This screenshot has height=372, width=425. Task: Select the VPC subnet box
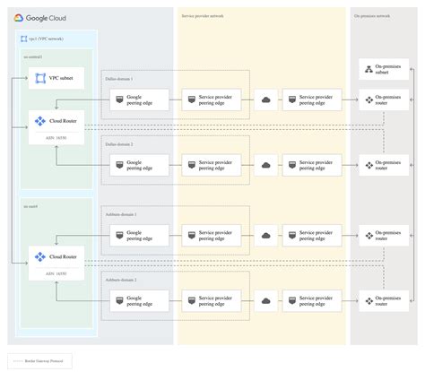point(56,79)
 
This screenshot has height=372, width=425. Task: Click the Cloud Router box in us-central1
point(56,124)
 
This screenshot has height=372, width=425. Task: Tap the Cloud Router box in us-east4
point(56,258)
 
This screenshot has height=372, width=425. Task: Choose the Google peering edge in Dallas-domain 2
point(136,165)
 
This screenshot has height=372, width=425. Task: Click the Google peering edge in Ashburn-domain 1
point(136,236)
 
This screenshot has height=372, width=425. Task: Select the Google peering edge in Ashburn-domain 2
point(136,300)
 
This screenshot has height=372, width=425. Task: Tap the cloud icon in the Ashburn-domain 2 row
point(266,300)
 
